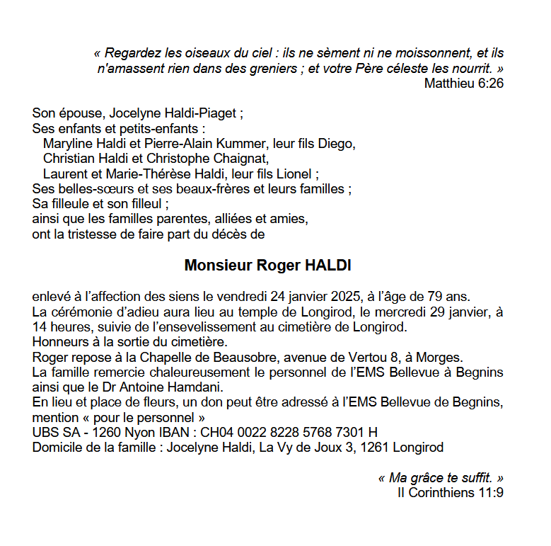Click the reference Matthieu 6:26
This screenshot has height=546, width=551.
[x=463, y=84]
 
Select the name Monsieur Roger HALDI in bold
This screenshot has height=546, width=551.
[x=267, y=266]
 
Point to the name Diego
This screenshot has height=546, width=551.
[x=337, y=144]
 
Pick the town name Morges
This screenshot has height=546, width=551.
[x=443, y=357]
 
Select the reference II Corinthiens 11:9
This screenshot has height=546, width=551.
[x=451, y=492]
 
